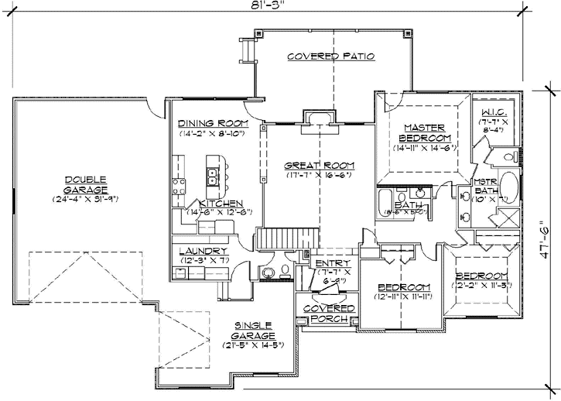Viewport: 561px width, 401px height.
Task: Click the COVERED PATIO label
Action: point(330,57)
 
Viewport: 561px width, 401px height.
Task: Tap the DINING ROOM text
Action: point(212,123)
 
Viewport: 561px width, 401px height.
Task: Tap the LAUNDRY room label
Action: point(203,251)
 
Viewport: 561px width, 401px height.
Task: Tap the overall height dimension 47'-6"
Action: point(546,242)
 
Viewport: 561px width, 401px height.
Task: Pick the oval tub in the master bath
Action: point(508,188)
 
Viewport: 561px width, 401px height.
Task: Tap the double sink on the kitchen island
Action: point(210,175)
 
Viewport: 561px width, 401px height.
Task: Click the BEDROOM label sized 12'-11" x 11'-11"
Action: point(402,286)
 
